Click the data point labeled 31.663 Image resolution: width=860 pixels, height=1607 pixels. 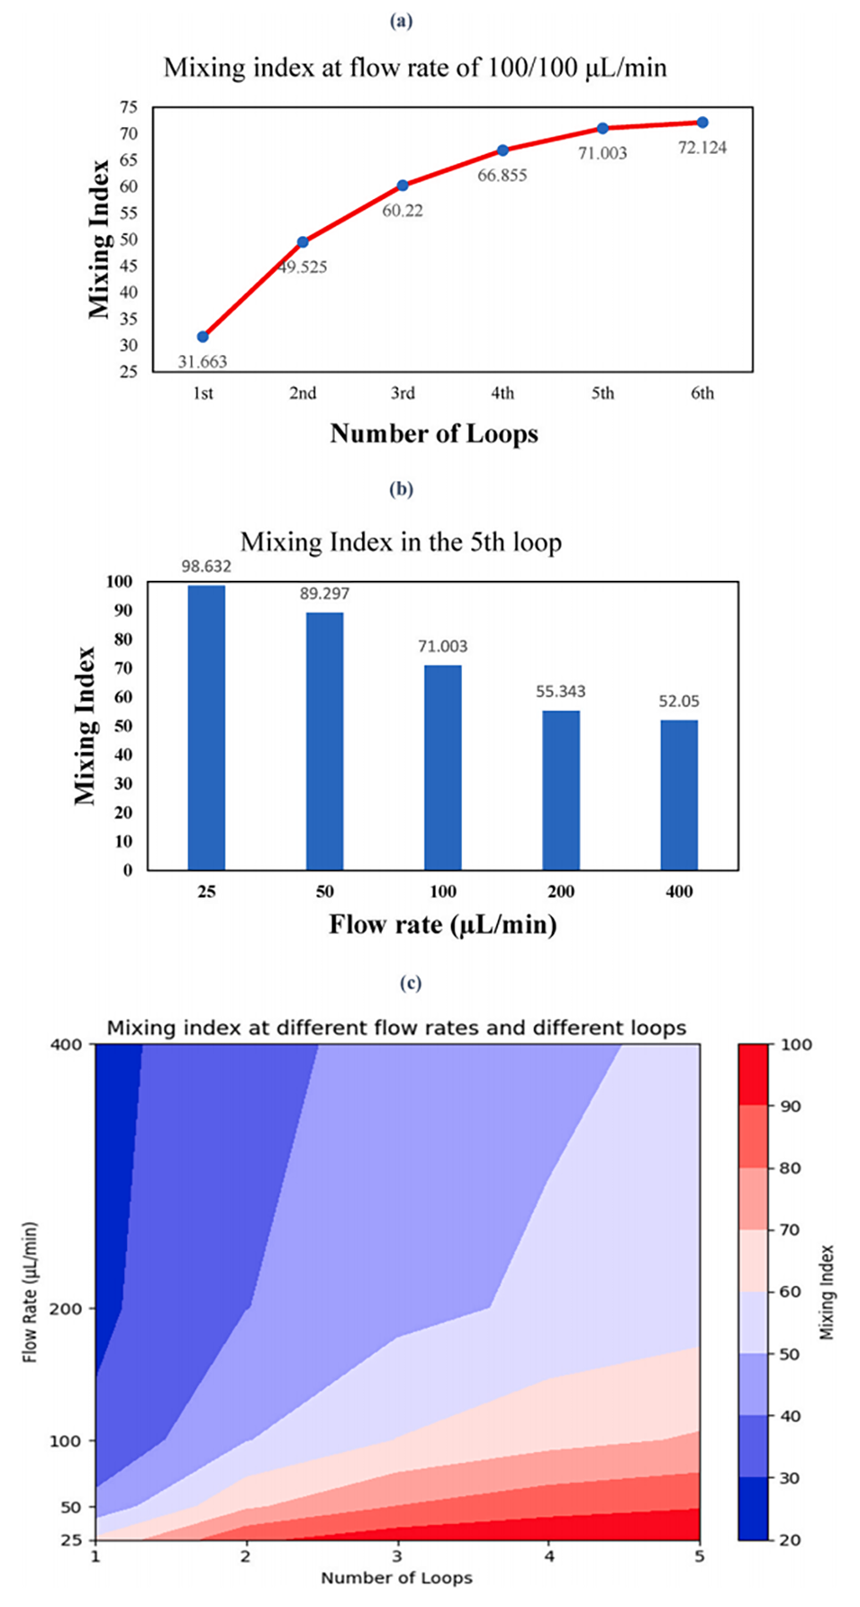203,337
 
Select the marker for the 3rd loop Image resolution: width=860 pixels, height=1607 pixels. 403,186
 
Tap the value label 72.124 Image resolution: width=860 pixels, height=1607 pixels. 702,148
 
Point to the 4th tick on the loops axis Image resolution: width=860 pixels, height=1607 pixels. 502,394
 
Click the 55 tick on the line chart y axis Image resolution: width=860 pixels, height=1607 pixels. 129,213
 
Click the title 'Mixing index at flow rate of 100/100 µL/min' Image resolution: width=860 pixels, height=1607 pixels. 415,68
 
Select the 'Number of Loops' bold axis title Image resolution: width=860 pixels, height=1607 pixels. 434,434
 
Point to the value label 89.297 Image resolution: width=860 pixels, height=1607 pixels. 324,594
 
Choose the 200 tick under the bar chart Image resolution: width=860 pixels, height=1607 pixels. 561,892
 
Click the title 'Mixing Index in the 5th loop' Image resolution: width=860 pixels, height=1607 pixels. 401,542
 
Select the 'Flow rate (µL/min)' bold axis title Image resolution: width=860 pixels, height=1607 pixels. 442,925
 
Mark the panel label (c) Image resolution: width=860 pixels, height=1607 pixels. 410,983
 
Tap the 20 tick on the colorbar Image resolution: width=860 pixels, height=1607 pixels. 790,1540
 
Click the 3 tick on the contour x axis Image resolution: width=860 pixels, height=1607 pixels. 397,1557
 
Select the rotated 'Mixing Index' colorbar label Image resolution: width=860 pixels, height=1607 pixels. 828,1292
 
